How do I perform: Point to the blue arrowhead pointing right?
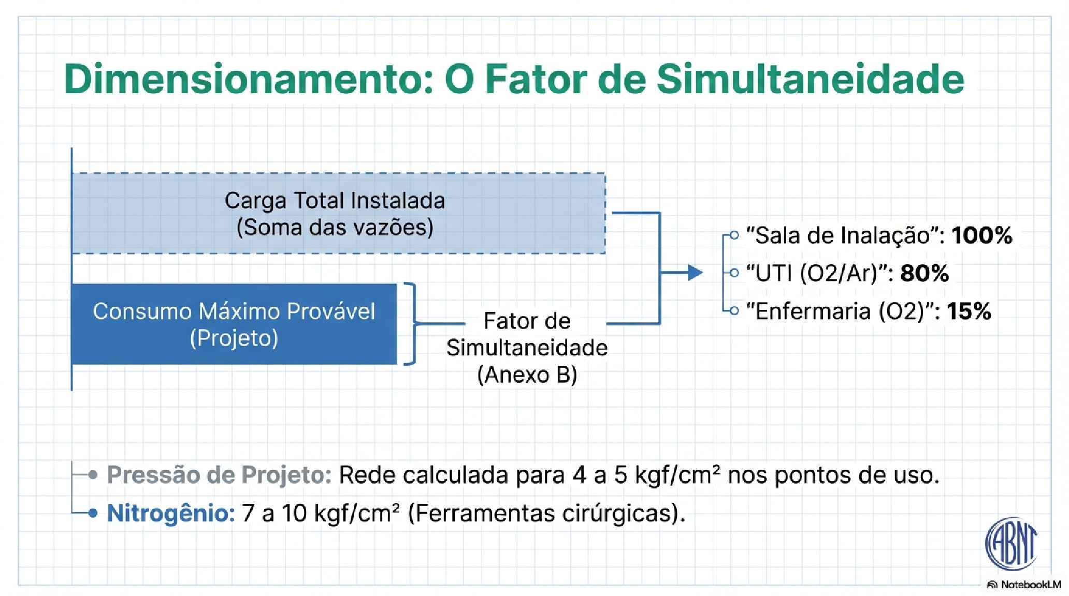coord(695,272)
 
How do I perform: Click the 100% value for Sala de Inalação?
coord(981,235)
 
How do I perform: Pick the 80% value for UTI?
coord(924,273)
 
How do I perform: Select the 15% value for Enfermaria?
coord(969,311)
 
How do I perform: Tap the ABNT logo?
coord(1011,543)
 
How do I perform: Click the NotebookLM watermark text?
coord(1030,585)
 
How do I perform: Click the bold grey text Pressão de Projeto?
coord(219,475)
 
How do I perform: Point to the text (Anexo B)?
coord(527,375)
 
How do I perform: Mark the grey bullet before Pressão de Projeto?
coord(93,474)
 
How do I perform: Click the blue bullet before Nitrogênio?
coord(93,513)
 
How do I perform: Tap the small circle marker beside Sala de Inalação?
coord(734,235)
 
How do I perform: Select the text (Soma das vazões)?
coord(335,228)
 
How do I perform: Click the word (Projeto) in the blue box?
coord(234,338)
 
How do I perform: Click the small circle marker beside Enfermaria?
coord(734,311)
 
